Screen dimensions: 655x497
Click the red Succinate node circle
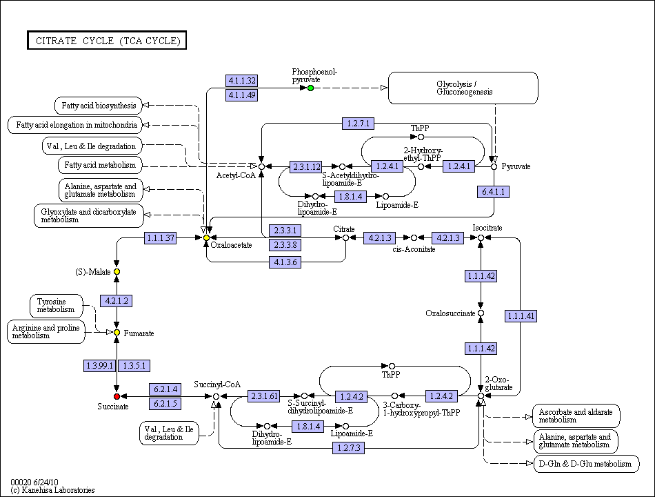[x=117, y=396]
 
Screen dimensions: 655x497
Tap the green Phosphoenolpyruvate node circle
[x=310, y=88]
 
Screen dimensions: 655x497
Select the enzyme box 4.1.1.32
[x=241, y=80]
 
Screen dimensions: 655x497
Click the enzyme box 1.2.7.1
[x=358, y=124]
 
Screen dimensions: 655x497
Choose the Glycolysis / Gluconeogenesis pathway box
[x=463, y=88]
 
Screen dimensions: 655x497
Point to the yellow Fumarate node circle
[x=117, y=333]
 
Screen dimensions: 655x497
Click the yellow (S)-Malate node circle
[x=117, y=271]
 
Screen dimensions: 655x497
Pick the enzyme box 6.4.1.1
[x=494, y=192]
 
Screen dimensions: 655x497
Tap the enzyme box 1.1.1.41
[x=521, y=316]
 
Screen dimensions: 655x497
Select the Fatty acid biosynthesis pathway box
[x=99, y=106]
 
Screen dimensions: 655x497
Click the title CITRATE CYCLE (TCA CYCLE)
[x=107, y=40]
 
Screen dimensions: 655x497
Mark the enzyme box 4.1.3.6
[x=285, y=262]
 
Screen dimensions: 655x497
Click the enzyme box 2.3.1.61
[x=264, y=396]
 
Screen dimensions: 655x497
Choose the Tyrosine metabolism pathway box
[x=57, y=306]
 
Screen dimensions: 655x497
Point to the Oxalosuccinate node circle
[x=481, y=313]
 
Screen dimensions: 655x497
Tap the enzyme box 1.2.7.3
[x=348, y=448]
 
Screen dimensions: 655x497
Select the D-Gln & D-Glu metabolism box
[x=587, y=464]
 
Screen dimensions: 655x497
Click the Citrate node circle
[x=345, y=237]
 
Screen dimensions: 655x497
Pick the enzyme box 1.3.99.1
[x=99, y=366]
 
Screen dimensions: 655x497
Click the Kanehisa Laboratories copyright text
[x=52, y=490]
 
